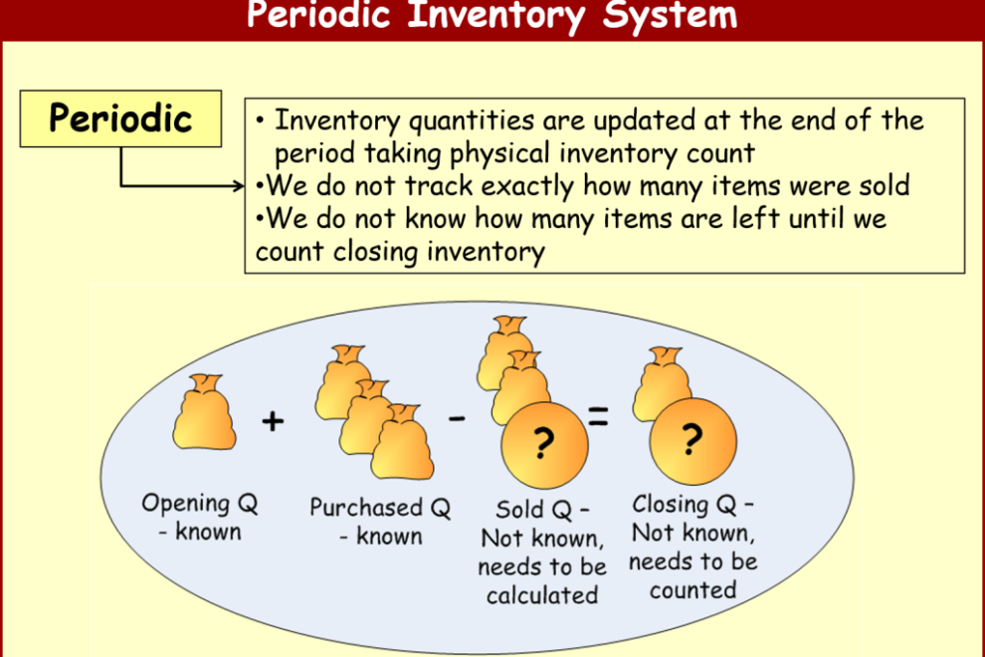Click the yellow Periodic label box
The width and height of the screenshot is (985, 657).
coord(120,118)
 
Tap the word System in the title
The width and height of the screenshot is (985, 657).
coord(670,15)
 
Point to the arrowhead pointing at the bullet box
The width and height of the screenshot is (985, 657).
coord(239,185)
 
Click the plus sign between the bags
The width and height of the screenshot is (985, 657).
coord(273,421)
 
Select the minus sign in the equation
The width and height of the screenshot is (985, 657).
coord(457,418)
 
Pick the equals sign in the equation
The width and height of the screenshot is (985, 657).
coord(598,416)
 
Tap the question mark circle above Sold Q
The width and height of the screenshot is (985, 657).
coord(544,445)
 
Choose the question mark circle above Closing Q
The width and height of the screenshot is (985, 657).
coord(692,441)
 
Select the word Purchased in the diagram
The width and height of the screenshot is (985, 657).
coord(365,508)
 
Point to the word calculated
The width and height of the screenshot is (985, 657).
coord(542,595)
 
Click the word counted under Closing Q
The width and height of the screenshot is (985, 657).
coord(692,590)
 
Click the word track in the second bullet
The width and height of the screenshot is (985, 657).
coord(439,186)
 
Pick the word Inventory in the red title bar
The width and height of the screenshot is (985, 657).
coord(495,16)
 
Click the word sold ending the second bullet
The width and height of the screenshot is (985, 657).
coord(881,186)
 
